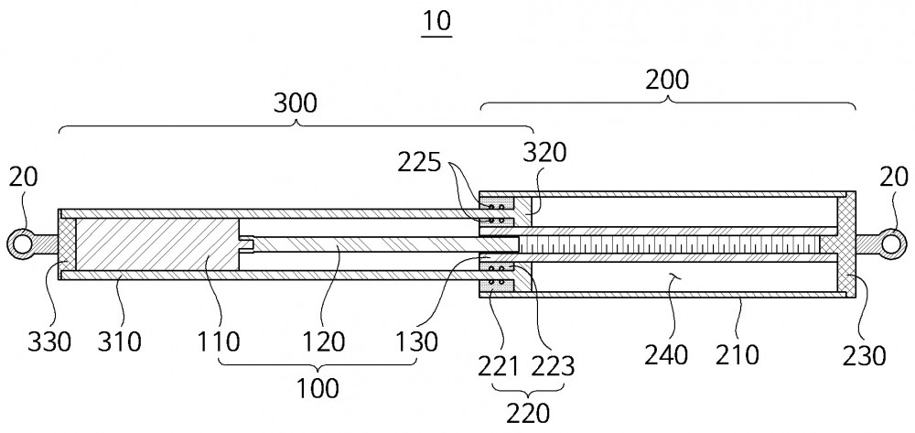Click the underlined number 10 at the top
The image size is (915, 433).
[437, 22]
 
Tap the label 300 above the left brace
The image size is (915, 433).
[296, 103]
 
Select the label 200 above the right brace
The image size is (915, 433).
[667, 80]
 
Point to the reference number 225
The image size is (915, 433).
[419, 163]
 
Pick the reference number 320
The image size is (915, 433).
[544, 154]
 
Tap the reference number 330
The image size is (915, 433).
[49, 341]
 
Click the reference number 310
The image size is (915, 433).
[120, 341]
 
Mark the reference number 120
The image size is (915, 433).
[323, 341]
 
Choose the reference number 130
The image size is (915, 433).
[416, 341]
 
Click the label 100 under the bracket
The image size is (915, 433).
[318, 387]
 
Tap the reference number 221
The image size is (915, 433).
[498, 366]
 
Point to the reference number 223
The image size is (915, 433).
[553, 366]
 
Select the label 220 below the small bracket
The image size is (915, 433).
[528, 414]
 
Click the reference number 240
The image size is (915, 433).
[666, 354]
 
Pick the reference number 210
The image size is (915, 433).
[737, 354]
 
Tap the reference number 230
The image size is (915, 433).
[865, 354]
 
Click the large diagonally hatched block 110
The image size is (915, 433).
[157, 244]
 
